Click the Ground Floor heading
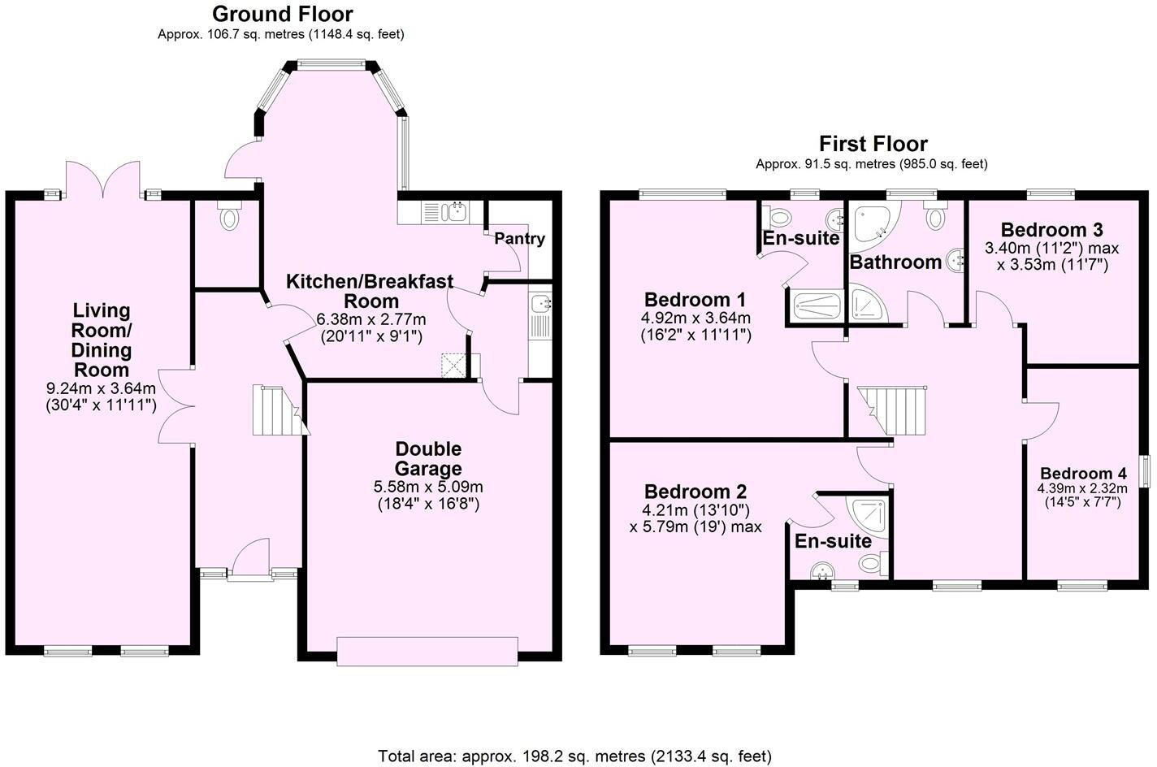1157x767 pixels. tap(282, 14)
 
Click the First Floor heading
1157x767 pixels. tap(873, 144)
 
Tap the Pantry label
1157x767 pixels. tap(519, 239)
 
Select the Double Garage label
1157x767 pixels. tap(428, 458)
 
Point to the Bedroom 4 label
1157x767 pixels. tap(1082, 474)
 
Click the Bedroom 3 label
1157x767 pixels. tap(1051, 229)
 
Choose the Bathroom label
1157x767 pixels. tap(895, 262)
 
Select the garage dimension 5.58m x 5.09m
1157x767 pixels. tap(428, 487)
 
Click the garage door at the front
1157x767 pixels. tap(427, 651)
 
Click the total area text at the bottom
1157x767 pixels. tap(574, 756)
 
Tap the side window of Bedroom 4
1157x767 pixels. tap(1145, 471)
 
